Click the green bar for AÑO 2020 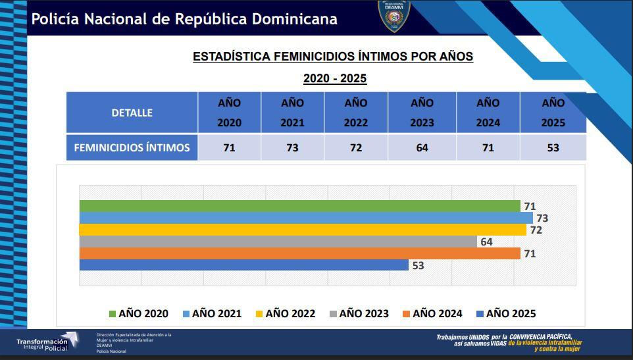[299, 206]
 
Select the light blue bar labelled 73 [306, 218]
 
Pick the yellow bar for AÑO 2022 [303, 230]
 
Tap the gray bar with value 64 [278, 242]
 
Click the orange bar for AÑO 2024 [299, 253]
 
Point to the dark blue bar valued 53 [243, 265]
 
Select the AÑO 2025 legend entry [505, 314]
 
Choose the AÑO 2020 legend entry [138, 314]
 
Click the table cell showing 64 [422, 147]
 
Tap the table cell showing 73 [292, 147]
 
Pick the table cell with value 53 [553, 147]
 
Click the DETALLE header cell [132, 113]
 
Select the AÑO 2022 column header [356, 113]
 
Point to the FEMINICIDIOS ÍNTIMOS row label [132, 147]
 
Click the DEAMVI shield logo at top [395, 16]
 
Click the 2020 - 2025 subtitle [334, 79]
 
